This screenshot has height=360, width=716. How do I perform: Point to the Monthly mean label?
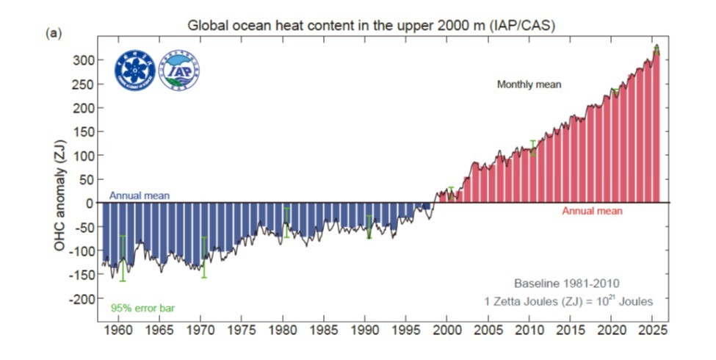click(x=529, y=84)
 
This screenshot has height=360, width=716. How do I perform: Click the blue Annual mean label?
click(x=140, y=195)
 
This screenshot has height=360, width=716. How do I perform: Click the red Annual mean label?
click(x=592, y=211)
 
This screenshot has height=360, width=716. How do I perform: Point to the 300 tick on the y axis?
click(x=86, y=60)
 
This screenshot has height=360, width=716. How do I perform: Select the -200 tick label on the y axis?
click(x=83, y=299)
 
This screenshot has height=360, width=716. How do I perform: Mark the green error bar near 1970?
click(x=204, y=256)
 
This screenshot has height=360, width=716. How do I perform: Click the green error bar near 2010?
click(x=532, y=148)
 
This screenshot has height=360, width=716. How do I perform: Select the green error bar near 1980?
click(x=286, y=223)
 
